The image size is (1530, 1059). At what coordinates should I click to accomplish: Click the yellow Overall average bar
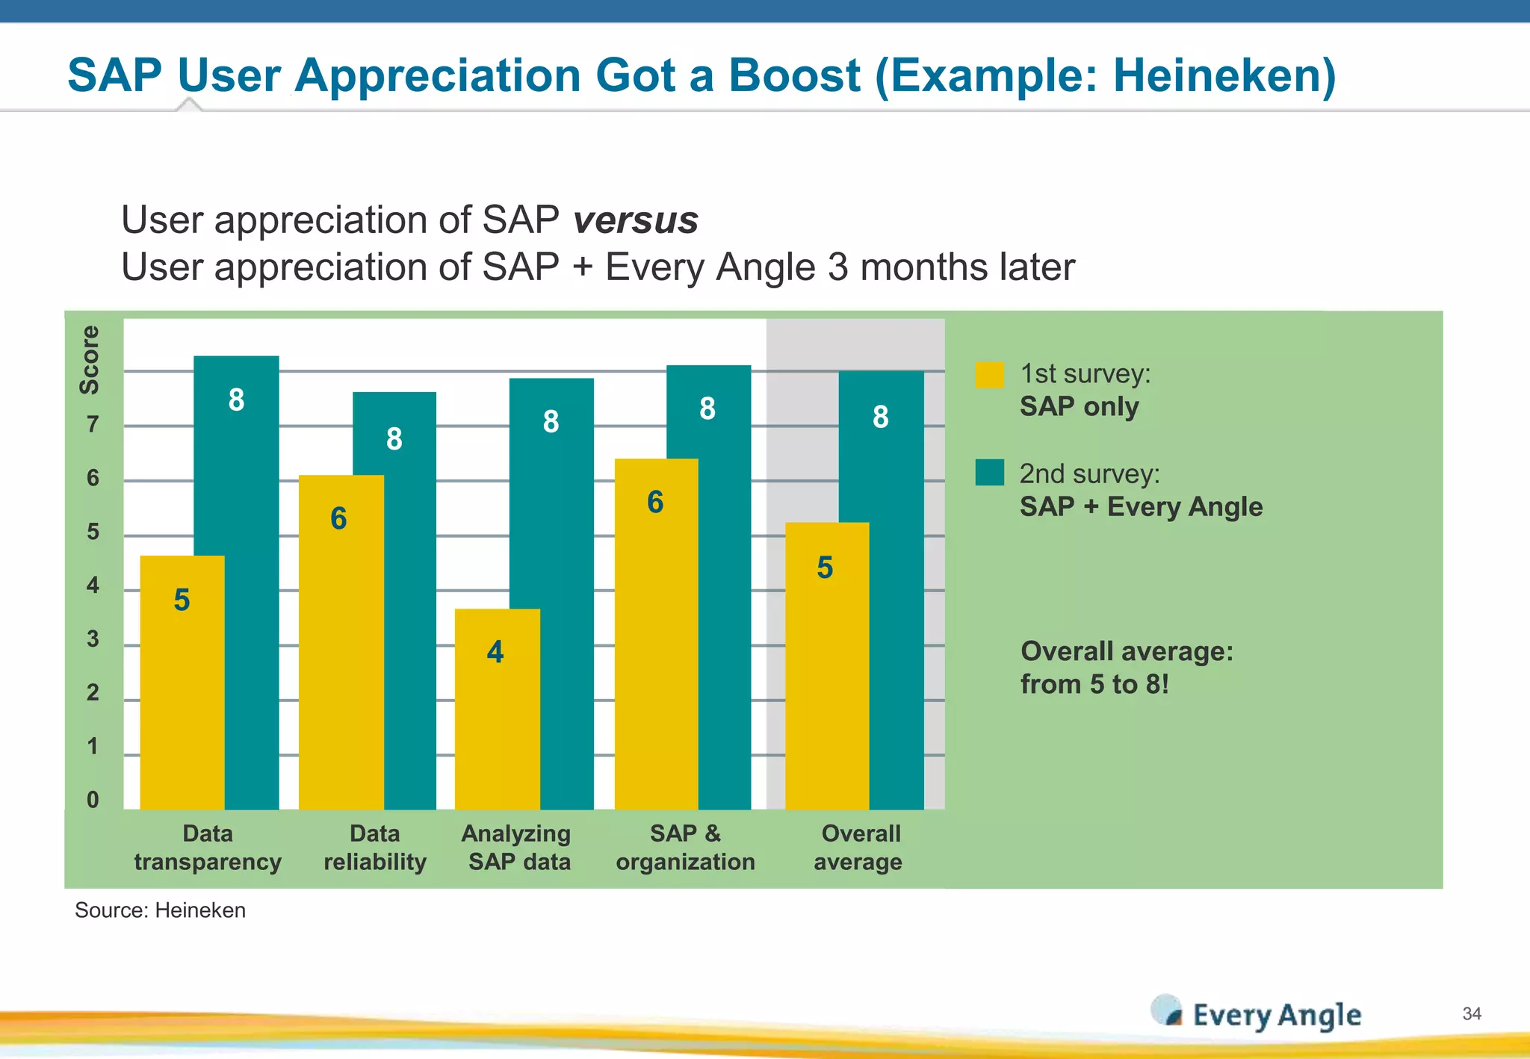(826, 665)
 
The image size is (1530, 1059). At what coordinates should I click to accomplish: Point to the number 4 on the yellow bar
(495, 652)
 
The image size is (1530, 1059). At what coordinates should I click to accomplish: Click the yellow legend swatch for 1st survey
(989, 375)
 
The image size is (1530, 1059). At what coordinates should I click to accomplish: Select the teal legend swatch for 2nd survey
(989, 473)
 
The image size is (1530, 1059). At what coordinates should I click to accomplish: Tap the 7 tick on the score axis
(93, 424)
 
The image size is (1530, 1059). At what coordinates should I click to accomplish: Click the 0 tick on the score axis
(93, 800)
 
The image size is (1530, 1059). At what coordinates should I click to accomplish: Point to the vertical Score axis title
(90, 359)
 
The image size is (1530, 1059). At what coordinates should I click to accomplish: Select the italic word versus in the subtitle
(635, 220)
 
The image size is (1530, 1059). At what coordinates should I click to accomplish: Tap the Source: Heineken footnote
(160, 910)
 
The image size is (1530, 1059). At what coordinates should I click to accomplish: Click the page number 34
(1472, 1013)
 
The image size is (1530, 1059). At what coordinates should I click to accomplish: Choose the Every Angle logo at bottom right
(1257, 1014)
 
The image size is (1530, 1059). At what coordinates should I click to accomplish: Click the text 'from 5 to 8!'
(1094, 684)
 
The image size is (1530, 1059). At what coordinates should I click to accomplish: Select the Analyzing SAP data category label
(518, 848)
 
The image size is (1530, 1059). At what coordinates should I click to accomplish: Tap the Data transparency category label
(208, 848)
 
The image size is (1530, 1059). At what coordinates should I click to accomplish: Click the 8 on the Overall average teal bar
(881, 417)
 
